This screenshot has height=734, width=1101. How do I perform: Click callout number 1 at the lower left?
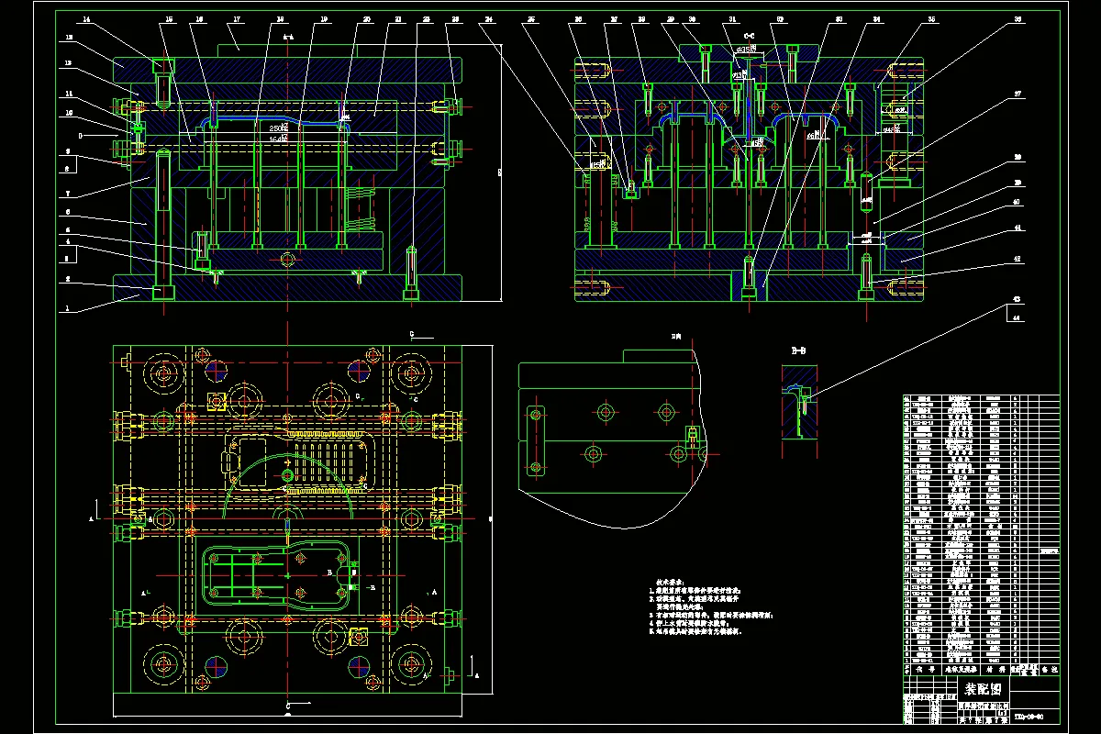tap(66, 309)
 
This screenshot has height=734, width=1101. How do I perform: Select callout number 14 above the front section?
tap(85, 19)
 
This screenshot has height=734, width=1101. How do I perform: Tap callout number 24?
tap(489, 19)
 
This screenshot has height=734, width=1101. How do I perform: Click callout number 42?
tap(1016, 261)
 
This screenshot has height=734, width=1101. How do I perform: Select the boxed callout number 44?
tap(1016, 317)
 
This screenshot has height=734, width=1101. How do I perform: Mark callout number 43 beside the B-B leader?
tap(1016, 300)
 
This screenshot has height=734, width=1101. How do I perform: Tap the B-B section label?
tap(798, 350)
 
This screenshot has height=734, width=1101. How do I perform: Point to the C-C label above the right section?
tap(748, 38)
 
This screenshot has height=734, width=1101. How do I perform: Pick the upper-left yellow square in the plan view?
tap(217, 400)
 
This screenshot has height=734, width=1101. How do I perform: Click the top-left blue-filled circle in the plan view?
tap(217, 370)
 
